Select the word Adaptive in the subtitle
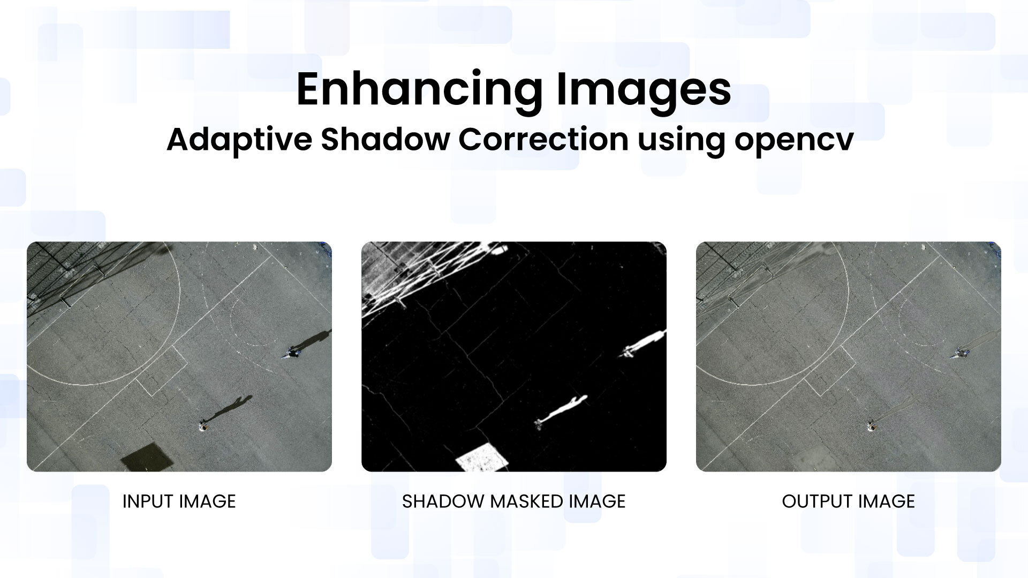[239, 140]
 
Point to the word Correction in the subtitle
[543, 139]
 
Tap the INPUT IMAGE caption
[179, 501]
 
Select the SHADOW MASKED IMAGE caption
[514, 501]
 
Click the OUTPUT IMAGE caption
[848, 501]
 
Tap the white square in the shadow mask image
[482, 457]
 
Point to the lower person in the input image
[203, 427]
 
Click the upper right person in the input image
[291, 353]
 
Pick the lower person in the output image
[872, 427]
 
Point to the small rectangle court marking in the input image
[161, 370]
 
